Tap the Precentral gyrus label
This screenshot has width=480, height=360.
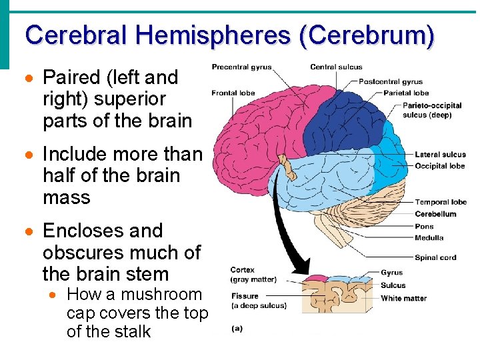[x=242, y=67]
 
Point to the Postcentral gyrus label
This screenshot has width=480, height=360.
[x=391, y=82]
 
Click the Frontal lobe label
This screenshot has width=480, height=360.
[x=233, y=93]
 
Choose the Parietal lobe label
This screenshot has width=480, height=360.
[x=406, y=93]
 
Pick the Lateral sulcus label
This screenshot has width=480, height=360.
[x=440, y=155]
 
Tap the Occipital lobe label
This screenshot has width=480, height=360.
[x=439, y=165]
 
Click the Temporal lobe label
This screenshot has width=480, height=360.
[x=441, y=202]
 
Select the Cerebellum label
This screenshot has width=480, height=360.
[x=435, y=214]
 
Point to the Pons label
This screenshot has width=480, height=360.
[x=424, y=227]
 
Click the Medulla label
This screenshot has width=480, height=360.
[x=428, y=238]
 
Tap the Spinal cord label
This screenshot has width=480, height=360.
[x=435, y=257]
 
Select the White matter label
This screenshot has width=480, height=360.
[x=403, y=298]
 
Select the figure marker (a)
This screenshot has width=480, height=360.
[x=237, y=327]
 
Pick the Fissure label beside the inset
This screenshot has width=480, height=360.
[x=245, y=297]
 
